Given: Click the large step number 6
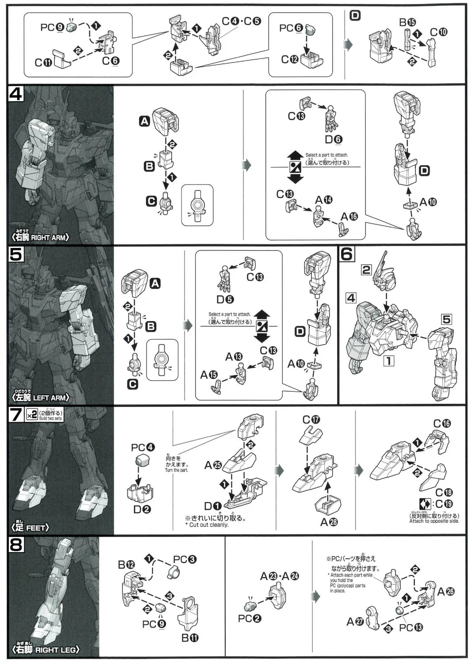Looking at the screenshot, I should coord(347,254).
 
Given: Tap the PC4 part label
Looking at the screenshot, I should coord(143,447).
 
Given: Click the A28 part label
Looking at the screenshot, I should coord(329,522).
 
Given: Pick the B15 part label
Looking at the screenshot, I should coord(407,22).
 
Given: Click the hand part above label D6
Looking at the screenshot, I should coord(330,120).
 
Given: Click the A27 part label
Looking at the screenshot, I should coord(355,622).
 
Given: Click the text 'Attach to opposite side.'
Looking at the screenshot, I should coord(434,521).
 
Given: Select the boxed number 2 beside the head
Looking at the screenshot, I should coord(366,269).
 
